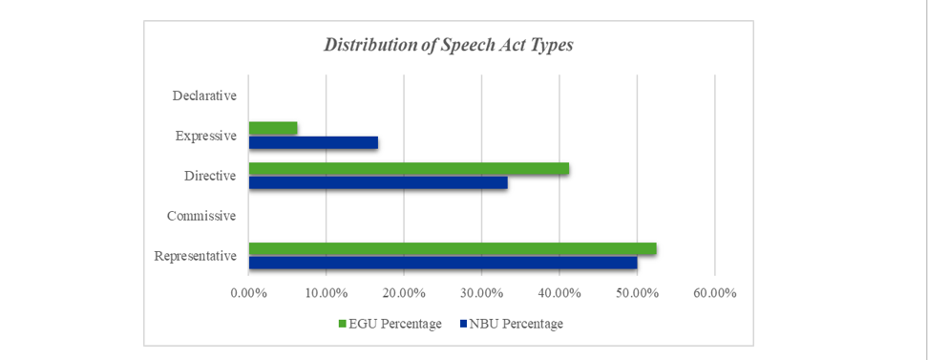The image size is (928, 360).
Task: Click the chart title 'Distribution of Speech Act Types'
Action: (448, 46)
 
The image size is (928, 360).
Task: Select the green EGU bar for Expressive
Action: (273, 128)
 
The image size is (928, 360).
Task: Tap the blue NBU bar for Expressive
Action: (313, 142)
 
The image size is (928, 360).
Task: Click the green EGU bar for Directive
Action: (409, 168)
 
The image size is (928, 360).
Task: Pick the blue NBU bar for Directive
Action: (378, 183)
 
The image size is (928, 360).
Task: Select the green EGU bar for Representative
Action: (453, 248)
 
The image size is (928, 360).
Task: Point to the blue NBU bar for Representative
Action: (443, 263)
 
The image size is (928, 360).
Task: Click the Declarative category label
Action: (204, 95)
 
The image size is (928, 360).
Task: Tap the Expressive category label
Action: (206, 136)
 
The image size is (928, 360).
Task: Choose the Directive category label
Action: (210, 176)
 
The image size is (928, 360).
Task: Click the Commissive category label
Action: (201, 216)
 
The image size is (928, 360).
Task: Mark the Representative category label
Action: (196, 256)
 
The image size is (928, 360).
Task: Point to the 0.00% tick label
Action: (248, 293)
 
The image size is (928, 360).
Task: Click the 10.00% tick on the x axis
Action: (327, 293)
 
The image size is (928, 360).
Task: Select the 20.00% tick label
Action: (404, 293)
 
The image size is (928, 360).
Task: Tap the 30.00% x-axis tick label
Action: (482, 293)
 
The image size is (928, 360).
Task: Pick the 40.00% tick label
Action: (559, 293)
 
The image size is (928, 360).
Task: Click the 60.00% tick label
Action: (714, 293)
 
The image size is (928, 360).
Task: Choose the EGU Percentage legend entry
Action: (390, 324)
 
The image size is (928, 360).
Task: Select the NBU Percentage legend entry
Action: (512, 324)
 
